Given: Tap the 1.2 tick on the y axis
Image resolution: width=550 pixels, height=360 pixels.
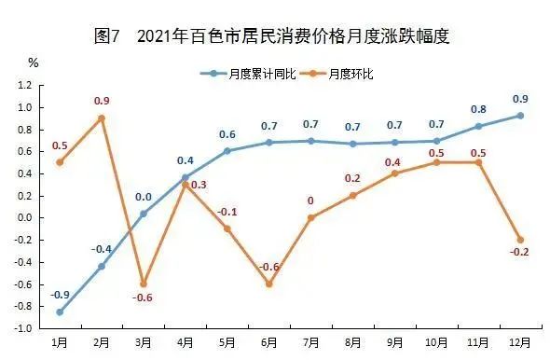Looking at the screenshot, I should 24,86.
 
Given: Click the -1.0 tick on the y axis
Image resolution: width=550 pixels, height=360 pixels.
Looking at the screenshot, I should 22,328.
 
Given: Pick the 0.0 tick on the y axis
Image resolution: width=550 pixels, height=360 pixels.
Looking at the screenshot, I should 24,218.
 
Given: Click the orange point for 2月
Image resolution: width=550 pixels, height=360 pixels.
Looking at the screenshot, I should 102,118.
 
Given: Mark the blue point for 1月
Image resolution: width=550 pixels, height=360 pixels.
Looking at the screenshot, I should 60,312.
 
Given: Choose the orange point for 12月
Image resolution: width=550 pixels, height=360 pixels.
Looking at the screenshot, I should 519,240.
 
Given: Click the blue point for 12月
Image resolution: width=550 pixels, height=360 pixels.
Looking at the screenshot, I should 519,116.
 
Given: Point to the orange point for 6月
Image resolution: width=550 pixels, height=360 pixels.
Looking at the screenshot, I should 268,284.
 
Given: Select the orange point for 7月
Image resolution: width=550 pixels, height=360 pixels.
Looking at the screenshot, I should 310,217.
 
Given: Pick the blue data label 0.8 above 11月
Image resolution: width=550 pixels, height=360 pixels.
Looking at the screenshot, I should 477,108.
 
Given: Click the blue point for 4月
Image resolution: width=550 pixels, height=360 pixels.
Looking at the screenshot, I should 185,177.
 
